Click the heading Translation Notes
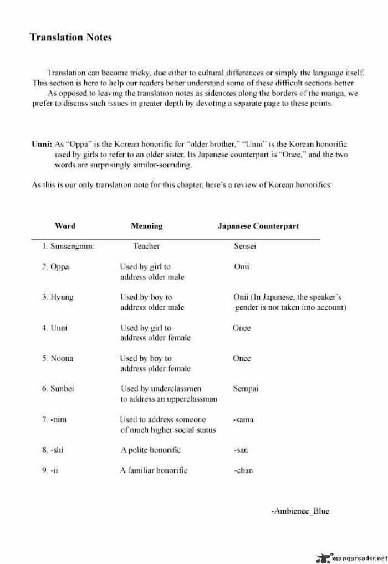[70, 38]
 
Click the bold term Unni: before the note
[42, 144]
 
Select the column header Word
[65, 226]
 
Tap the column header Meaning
[147, 226]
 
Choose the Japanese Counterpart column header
[258, 226]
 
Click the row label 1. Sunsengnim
[68, 246]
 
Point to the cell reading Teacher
[146, 246]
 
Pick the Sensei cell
[245, 246]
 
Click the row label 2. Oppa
[55, 266]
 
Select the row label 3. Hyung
[58, 297]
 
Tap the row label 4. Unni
[55, 327]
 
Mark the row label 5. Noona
[58, 358]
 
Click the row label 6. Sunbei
[58, 389]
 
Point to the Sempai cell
[246, 389]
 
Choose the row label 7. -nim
[54, 419]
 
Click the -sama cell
[243, 419]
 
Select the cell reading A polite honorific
[151, 450]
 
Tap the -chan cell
[243, 470]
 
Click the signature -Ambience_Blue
[300, 511]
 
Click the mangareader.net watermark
[351, 556]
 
